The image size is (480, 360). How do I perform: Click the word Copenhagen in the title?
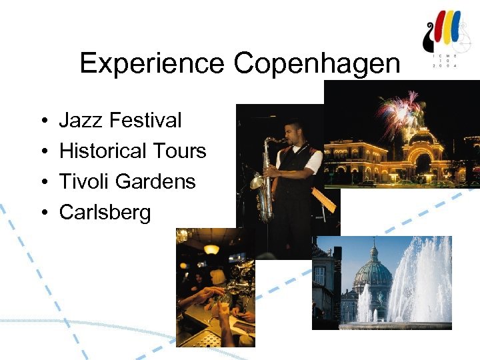click(x=317, y=65)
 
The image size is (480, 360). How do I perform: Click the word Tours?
click(x=179, y=151)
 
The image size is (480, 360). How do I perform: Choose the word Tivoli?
click(x=82, y=181)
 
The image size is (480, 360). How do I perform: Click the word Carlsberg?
click(x=105, y=213)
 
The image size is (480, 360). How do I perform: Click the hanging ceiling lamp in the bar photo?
click(x=211, y=249)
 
